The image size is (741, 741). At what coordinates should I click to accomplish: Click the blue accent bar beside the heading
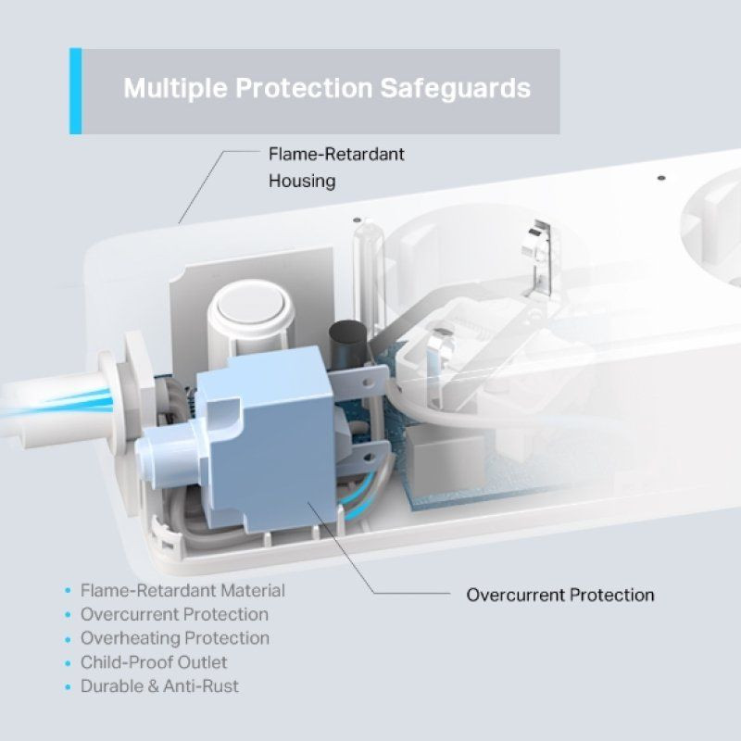point(75,92)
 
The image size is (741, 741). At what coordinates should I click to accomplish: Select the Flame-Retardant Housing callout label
point(336,168)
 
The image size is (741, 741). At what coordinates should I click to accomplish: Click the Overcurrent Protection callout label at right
point(559,595)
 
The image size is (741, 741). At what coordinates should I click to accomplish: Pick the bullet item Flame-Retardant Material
point(182,590)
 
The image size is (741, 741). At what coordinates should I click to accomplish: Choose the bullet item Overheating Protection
point(175,638)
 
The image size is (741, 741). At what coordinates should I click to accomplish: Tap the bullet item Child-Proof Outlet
point(154,662)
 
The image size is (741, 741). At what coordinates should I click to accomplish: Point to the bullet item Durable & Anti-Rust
point(159,686)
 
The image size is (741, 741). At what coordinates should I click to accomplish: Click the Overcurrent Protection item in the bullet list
point(174,614)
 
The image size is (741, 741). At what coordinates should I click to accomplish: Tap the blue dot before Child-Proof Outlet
point(67,663)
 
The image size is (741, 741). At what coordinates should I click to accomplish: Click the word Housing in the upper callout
point(302,181)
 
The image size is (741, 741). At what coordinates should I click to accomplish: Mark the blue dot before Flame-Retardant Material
point(67,591)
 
